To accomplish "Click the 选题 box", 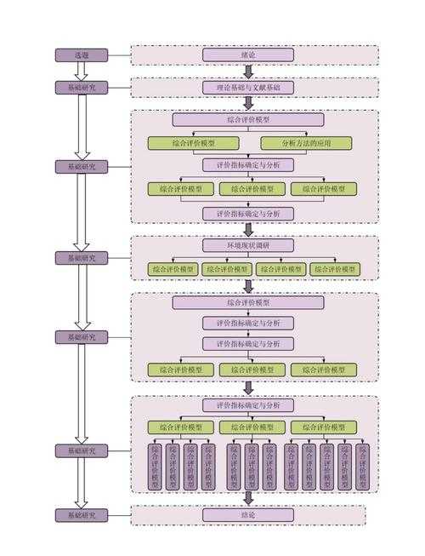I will coord(82,55).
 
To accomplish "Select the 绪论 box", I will coord(248,55).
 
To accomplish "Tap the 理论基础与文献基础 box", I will coord(248,87).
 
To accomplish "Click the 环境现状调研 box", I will coord(248,245).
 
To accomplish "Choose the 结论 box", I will coord(248,514).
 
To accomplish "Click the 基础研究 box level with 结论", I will coord(82,514).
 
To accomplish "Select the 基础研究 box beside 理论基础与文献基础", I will coord(82,87).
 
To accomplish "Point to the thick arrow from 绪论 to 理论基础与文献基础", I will coord(248,72).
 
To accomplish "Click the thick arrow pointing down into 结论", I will coord(248,498).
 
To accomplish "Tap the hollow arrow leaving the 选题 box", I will coord(82,72).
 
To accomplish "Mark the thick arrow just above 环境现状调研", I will coord(248,230).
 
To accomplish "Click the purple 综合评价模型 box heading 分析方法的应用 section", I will coord(248,120).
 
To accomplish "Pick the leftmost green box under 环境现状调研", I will coord(174,269).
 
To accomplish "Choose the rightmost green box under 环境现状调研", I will coord(334,269).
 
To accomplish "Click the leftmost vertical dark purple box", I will coord(155,467).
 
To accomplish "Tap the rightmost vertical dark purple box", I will coord(363,467).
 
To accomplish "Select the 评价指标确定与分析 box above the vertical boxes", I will coord(248,406).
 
